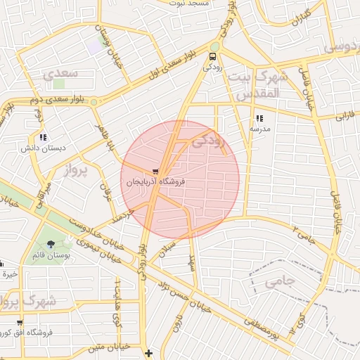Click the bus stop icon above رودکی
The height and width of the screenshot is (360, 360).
(x=213, y=56)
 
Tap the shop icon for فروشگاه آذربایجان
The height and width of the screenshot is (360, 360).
(x=155, y=171)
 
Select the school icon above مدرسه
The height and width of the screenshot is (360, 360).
(x=259, y=118)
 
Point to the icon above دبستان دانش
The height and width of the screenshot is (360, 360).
(x=44, y=138)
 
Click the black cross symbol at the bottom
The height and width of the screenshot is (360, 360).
(x=148, y=353)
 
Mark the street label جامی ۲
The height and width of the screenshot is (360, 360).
(x=310, y=235)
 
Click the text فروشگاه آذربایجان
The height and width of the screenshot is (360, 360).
(x=155, y=181)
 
